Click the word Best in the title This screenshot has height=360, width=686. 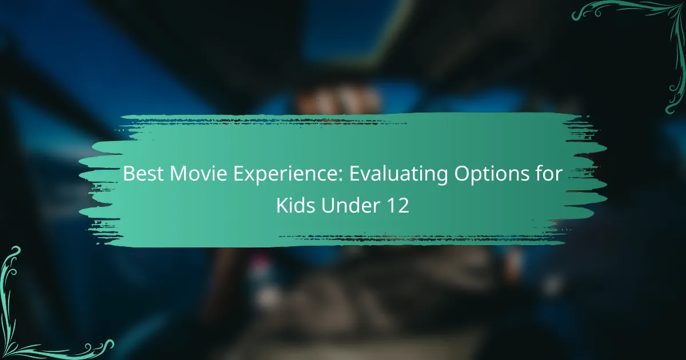pos(143,174)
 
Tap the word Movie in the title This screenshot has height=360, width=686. pos(198,174)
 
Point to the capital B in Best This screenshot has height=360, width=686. pos(129,174)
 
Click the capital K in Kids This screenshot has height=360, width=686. pos(282,205)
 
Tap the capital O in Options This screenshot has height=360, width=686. pos(462,174)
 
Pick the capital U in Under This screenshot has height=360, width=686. pos(328,205)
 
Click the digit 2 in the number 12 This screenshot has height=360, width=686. pos(403,205)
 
